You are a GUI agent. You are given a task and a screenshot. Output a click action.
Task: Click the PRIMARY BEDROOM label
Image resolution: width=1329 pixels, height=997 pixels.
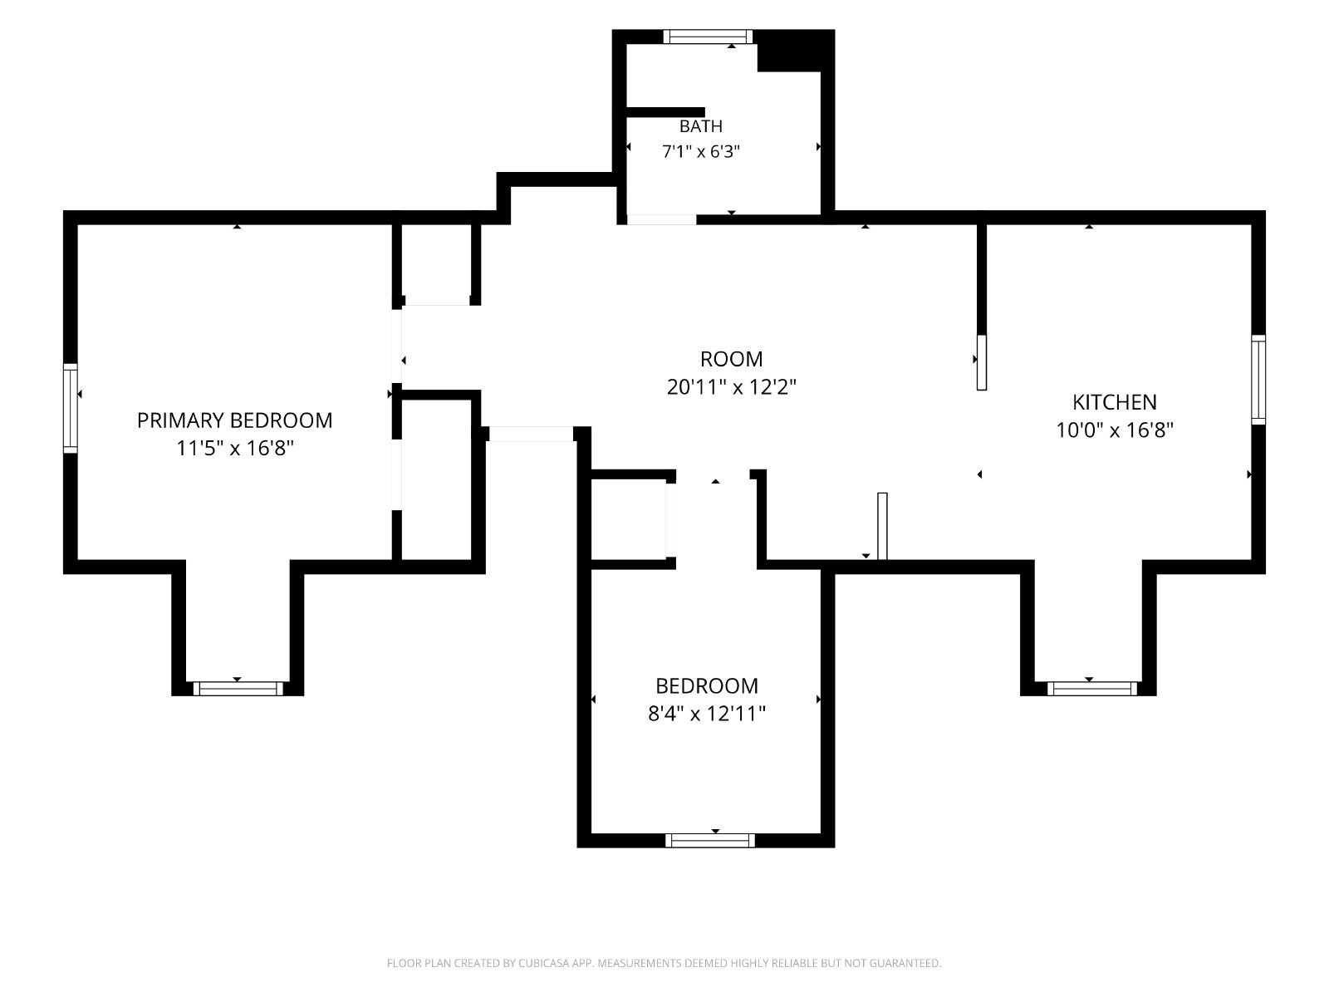234,420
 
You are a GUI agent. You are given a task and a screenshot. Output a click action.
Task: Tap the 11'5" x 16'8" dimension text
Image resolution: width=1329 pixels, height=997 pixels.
235,448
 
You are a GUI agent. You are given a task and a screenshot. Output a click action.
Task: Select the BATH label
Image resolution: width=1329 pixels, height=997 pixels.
700,126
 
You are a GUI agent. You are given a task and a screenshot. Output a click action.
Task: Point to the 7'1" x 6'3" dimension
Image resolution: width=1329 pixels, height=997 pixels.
700,151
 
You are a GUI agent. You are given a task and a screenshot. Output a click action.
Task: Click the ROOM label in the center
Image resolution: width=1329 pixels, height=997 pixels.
731,359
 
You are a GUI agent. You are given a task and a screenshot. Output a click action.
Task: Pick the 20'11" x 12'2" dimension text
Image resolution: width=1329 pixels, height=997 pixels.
731,386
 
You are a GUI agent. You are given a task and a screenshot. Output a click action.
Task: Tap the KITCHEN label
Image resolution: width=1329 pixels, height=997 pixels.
1114,402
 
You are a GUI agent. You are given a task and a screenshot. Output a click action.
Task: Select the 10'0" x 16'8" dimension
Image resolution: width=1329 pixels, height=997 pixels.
1114,430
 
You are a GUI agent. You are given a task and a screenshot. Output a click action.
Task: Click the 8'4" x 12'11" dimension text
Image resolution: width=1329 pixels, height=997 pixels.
707,714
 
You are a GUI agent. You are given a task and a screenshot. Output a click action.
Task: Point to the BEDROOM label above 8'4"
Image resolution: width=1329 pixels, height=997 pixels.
707,686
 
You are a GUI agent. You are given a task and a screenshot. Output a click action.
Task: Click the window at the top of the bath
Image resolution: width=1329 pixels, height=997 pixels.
708,37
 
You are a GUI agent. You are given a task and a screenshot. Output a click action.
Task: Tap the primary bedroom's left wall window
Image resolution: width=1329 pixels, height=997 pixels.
71,408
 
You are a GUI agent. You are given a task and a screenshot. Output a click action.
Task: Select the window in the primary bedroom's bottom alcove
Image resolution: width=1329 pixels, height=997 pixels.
238,688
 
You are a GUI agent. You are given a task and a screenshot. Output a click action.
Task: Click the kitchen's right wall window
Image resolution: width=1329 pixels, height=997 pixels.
1258,380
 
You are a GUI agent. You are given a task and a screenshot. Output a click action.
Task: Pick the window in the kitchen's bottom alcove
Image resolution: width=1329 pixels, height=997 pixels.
1091,688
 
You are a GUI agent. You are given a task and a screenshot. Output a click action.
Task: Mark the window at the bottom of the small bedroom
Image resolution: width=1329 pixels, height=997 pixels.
709,840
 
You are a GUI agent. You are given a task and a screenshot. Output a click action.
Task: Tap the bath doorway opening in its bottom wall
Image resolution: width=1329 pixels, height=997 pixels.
661,219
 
